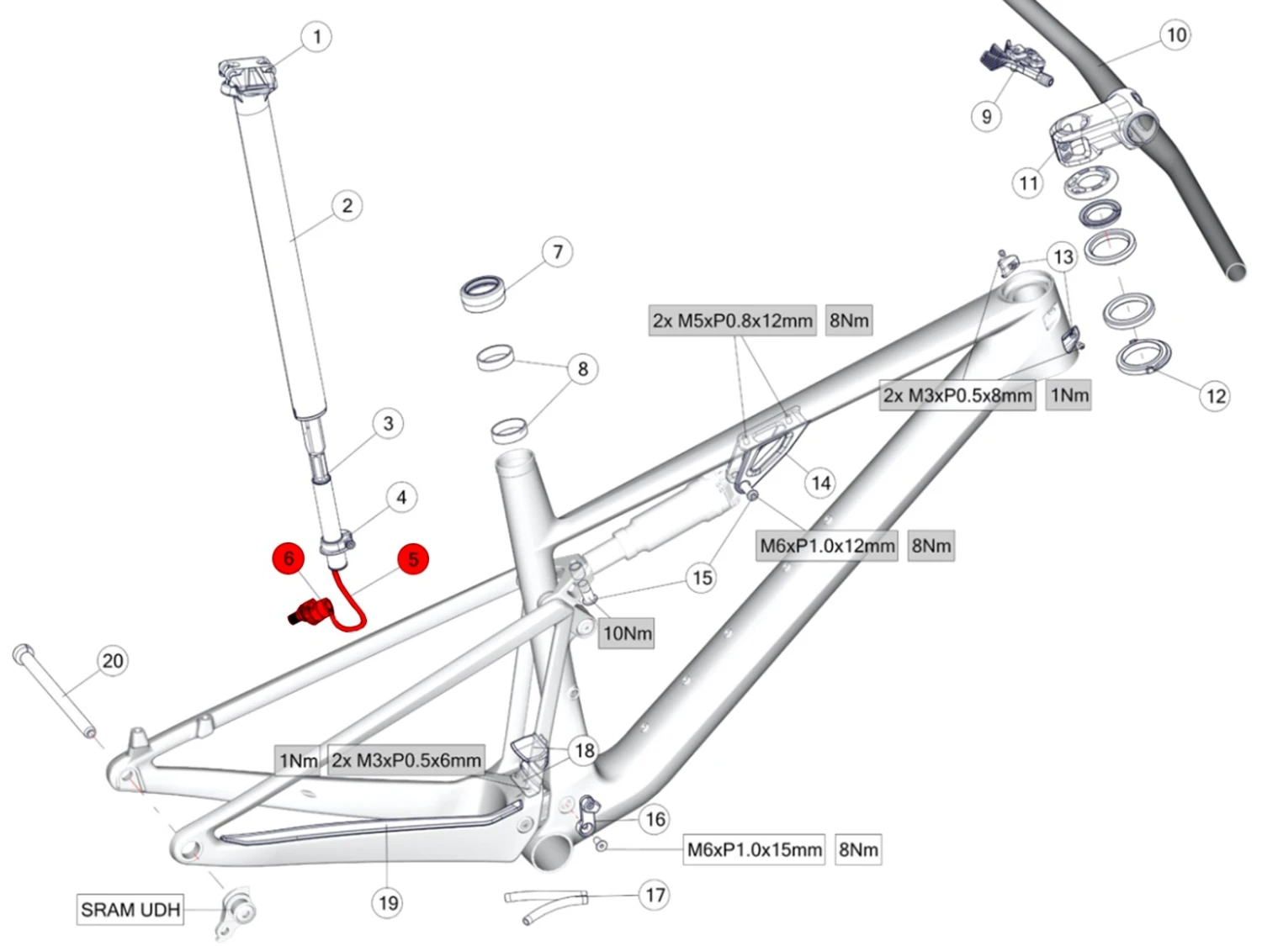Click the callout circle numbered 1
coord(316,37)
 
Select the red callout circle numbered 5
coord(412,559)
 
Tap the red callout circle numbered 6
coord(289,558)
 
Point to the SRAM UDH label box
coord(130,909)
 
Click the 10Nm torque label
coord(627,633)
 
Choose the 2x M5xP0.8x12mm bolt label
coord(732,320)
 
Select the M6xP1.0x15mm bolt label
coord(754,849)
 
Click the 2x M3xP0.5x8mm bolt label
coord(957,395)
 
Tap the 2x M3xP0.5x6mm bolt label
coord(406,760)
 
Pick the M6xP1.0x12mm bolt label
coord(827,546)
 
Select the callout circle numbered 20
coord(113,661)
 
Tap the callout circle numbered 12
coord(1216,396)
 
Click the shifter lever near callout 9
coord(1015,62)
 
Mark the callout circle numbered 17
coord(655,895)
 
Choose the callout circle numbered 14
coord(820,483)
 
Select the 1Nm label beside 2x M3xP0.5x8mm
coord(1069,395)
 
